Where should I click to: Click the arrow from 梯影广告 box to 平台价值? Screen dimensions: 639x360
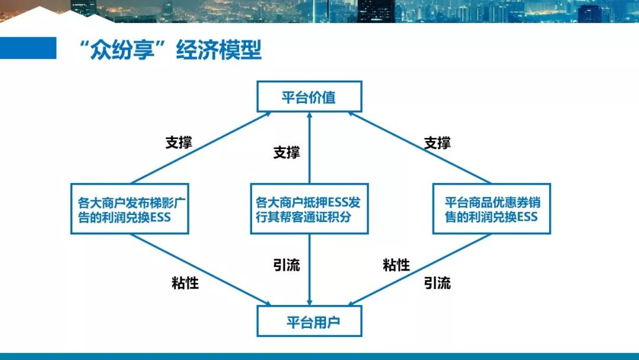point(201,148)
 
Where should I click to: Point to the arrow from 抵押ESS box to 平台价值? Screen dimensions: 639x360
point(309,148)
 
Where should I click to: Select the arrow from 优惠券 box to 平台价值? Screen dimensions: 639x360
point(419,148)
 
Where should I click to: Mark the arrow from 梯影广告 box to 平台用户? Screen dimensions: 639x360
point(201,270)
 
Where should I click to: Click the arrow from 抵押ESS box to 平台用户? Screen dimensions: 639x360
point(309,270)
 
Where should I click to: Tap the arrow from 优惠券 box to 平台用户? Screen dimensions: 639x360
point(419,270)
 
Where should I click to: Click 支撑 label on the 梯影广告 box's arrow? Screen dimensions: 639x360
point(179,142)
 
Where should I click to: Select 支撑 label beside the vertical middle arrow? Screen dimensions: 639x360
point(286,153)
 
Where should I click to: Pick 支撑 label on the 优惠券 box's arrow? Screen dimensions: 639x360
point(437,143)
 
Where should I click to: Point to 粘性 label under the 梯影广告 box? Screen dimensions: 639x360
point(185,282)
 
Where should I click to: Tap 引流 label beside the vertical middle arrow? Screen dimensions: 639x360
point(286,265)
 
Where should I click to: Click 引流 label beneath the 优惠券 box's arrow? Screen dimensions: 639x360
point(437,282)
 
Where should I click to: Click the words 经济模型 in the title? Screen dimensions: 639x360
point(218,50)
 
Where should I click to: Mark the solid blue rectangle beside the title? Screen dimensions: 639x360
point(28,48)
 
